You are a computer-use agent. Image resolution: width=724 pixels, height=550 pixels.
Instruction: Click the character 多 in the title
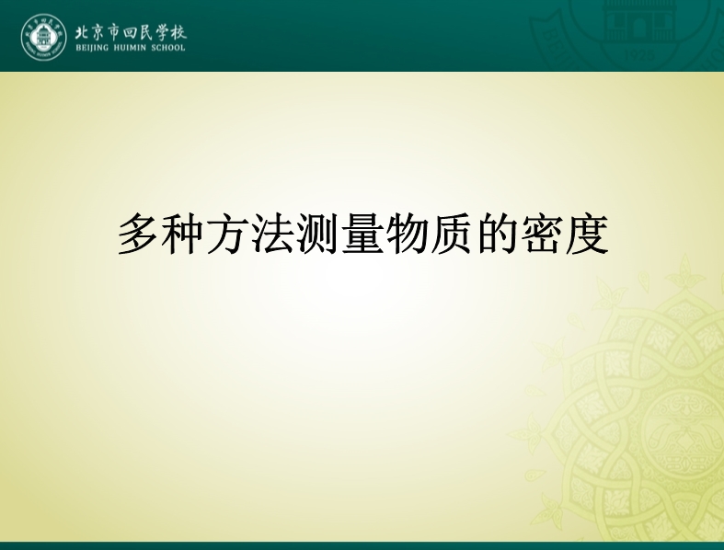click(139, 234)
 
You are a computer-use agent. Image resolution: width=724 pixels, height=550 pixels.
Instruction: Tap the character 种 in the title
click(183, 234)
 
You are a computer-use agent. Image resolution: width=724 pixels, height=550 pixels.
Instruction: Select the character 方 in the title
click(227, 234)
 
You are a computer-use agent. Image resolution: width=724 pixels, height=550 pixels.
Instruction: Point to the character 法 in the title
click(273, 234)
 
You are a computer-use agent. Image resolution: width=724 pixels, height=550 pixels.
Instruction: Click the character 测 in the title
click(317, 234)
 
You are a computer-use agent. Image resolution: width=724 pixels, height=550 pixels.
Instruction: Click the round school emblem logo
click(44, 37)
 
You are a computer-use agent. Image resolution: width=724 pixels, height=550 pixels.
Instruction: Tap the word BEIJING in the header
click(92, 48)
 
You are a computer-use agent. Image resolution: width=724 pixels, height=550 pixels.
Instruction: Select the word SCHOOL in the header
click(168, 48)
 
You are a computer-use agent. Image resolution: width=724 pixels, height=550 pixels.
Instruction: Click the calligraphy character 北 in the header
click(84, 32)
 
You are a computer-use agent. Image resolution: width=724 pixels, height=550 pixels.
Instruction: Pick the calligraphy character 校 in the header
click(178, 32)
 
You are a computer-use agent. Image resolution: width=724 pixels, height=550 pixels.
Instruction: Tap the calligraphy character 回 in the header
click(131, 33)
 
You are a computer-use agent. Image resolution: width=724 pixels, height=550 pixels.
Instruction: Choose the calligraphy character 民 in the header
click(146, 32)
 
